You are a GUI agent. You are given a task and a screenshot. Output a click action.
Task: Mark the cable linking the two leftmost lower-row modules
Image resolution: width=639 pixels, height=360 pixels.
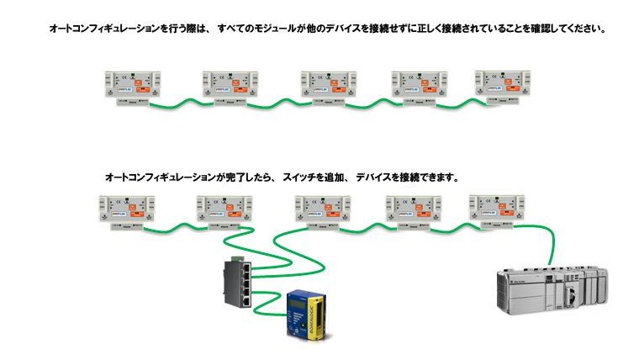click(x=174, y=227)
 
